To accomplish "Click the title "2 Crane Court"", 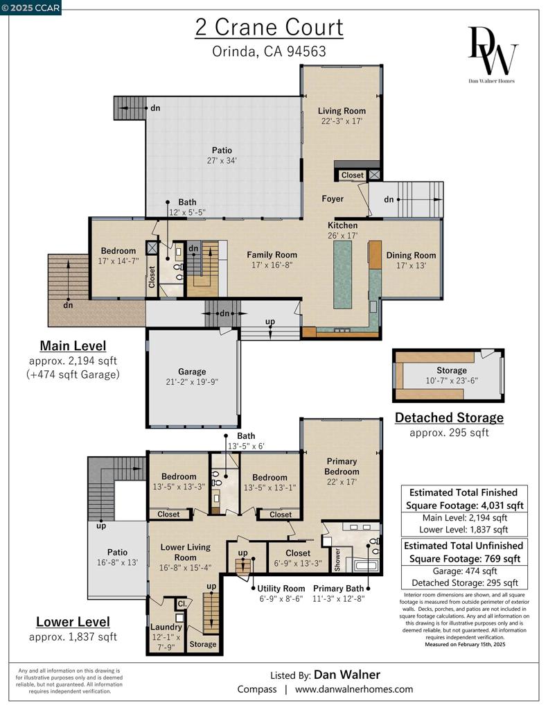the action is tap(269, 27).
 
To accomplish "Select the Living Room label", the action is tap(342, 111).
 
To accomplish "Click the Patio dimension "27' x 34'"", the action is tap(222, 160).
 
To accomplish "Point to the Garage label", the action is tap(192, 372).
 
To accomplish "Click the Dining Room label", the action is tap(411, 255).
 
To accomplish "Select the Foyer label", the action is tap(333, 199).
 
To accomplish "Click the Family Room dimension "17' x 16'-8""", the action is tap(272, 265).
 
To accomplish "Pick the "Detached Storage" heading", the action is tap(450, 417).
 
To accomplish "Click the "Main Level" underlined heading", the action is tap(73, 346).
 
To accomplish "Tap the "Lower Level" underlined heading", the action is tap(73, 622).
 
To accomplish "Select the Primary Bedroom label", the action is tap(342, 467).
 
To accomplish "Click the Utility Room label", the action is tap(281, 589).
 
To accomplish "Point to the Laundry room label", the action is tap(166, 627).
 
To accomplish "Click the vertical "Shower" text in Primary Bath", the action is tap(337, 560).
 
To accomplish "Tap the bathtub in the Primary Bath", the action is tap(366, 566).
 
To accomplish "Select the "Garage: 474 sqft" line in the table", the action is tap(465, 571).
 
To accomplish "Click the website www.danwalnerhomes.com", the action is tap(354, 689).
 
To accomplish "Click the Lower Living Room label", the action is tap(186, 553).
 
